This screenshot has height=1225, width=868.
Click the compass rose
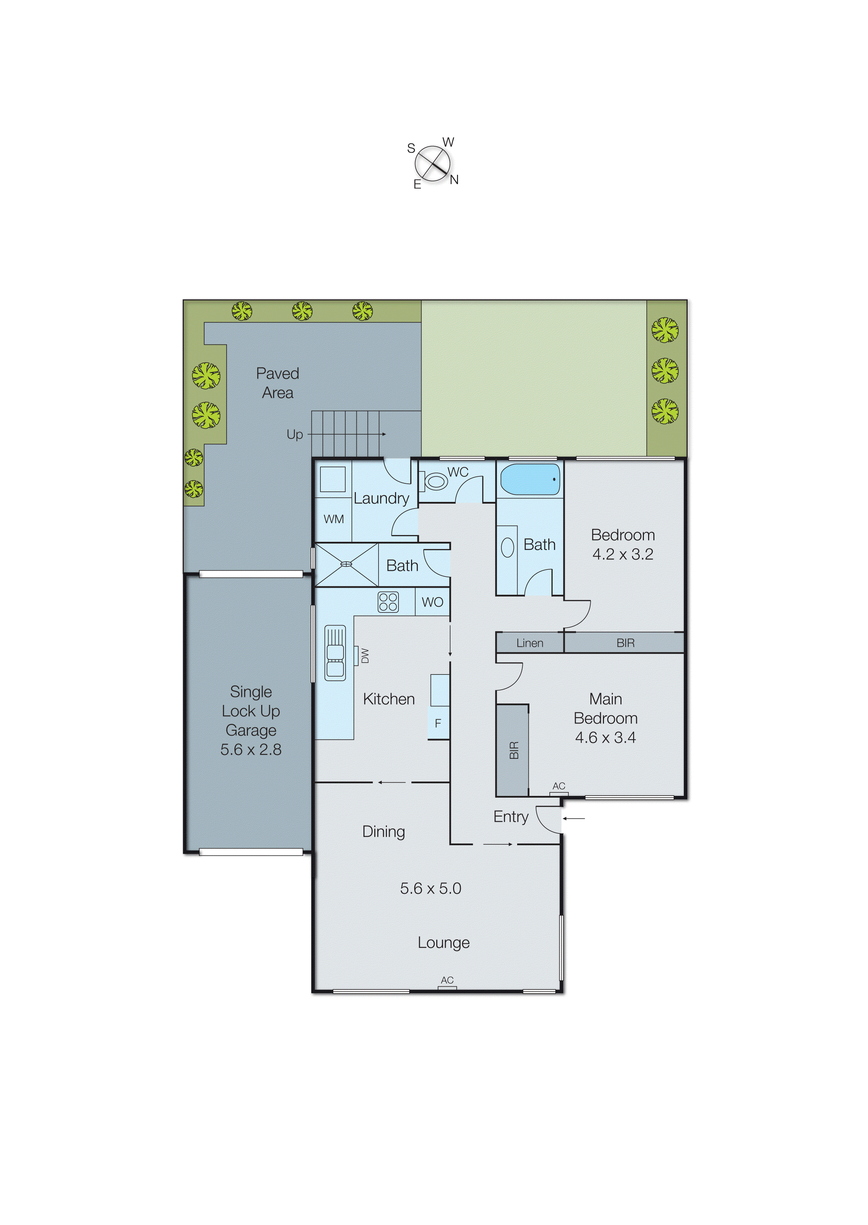tap(432, 163)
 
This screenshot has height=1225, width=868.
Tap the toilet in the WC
tap(435, 481)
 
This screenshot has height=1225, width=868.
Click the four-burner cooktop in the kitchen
tap(388, 602)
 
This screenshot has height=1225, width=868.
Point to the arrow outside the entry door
tap(574, 818)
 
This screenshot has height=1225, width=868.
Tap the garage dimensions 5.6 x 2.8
tap(251, 750)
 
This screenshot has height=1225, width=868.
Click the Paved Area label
tap(277, 383)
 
